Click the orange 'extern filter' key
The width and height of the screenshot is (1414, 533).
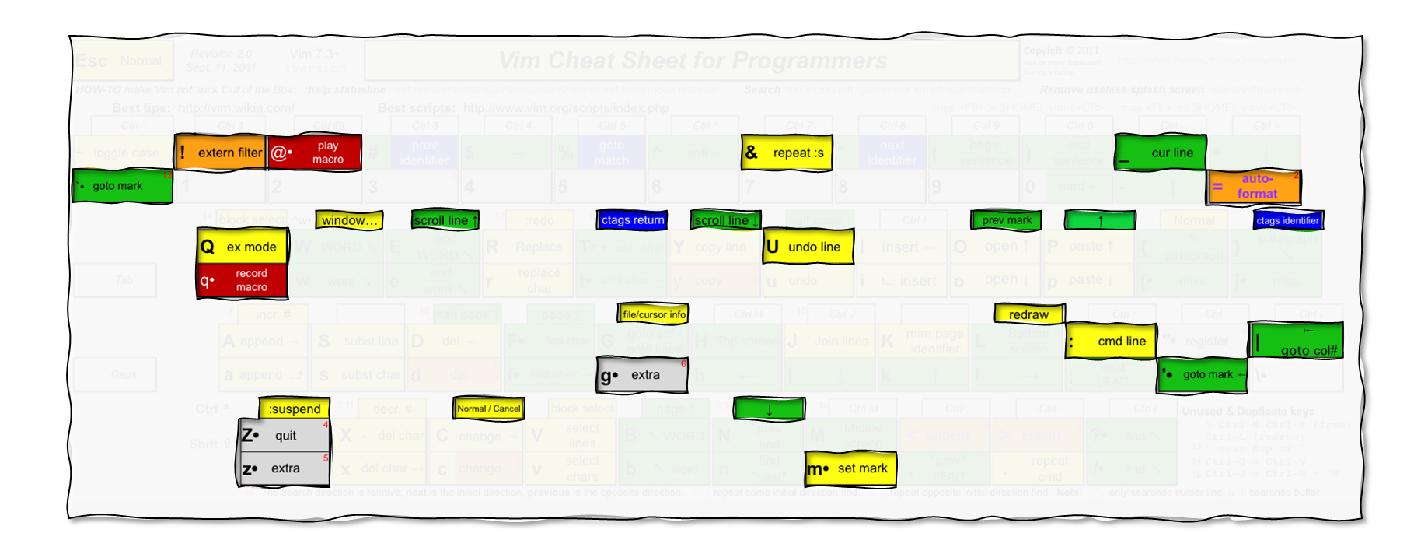tap(221, 153)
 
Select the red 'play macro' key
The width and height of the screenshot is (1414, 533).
tap(314, 153)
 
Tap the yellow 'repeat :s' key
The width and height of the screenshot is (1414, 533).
tap(787, 153)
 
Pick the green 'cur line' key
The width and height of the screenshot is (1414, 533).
tap(1161, 153)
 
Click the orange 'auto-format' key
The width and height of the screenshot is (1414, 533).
tap(1254, 187)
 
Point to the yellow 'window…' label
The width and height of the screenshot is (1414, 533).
tap(349, 220)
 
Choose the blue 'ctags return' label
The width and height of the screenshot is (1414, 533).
tap(633, 220)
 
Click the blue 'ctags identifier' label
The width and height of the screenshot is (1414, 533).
tap(1287, 220)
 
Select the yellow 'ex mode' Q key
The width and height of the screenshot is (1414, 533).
tap(243, 247)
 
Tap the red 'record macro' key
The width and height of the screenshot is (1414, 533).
tap(243, 280)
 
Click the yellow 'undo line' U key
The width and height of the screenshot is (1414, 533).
tap(808, 247)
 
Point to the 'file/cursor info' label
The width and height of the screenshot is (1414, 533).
tap(654, 314)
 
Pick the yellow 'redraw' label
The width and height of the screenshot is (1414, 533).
tap(1028, 314)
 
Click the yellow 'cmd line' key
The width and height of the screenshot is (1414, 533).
tap(1111, 341)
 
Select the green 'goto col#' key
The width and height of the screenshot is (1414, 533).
tap(1296, 341)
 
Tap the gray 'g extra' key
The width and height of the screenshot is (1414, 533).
tap(642, 375)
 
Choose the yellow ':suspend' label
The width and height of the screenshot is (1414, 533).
tap(294, 409)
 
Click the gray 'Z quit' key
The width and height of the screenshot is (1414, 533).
tap(285, 436)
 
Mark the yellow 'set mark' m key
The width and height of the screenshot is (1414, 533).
tap(850, 468)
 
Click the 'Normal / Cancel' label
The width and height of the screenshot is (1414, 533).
tap(489, 409)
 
